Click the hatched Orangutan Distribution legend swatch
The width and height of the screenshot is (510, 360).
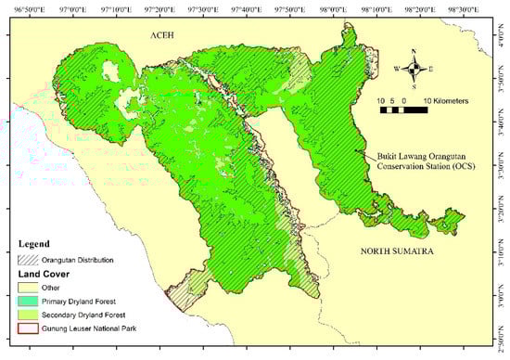[x=30, y=260]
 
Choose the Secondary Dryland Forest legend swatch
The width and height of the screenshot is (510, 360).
[x=30, y=315]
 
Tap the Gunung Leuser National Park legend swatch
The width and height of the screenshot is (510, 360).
[x=30, y=328]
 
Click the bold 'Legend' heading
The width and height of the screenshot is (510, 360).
[x=35, y=244]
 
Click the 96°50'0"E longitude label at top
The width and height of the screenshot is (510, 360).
[x=25, y=6]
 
